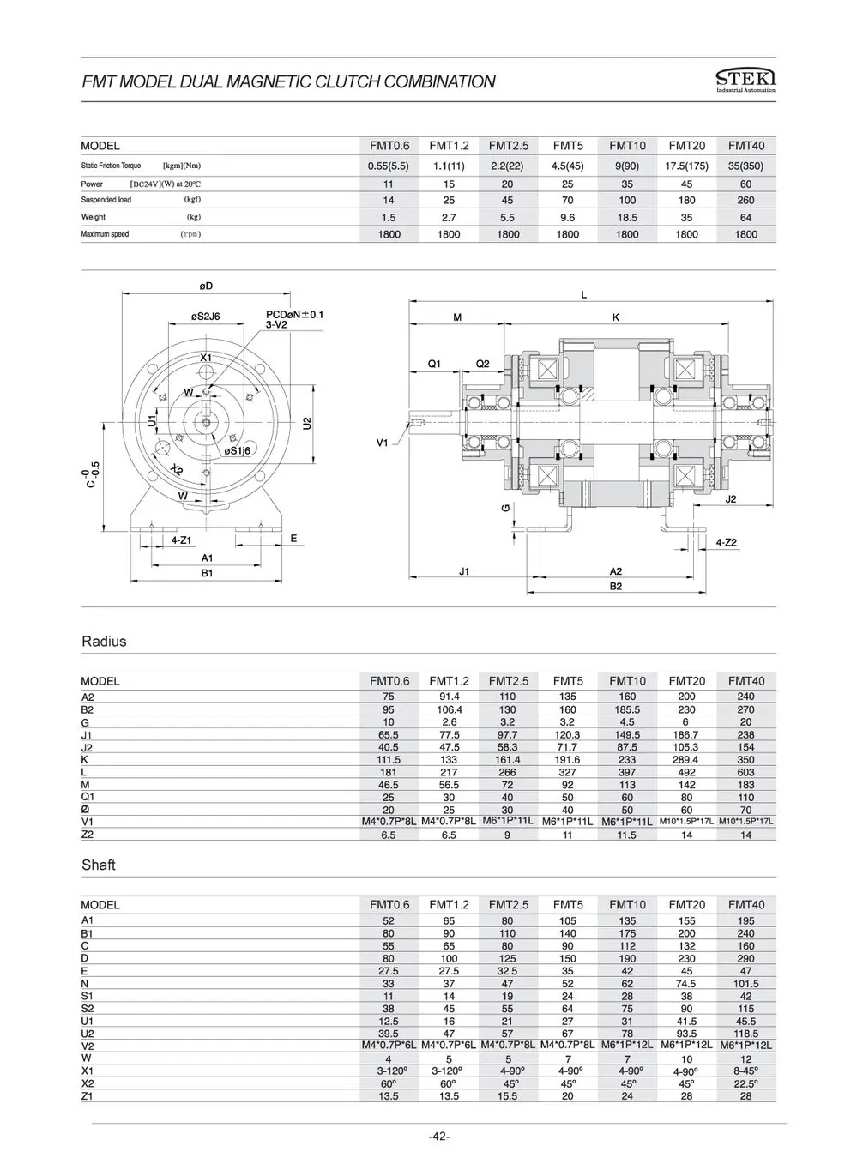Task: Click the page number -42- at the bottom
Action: (438, 1137)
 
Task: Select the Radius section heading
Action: (104, 642)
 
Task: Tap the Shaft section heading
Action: (98, 865)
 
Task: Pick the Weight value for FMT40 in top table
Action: (745, 218)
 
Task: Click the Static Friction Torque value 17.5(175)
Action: (686, 166)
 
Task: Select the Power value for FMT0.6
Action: (389, 184)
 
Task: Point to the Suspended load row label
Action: (106, 201)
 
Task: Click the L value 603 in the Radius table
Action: (745, 772)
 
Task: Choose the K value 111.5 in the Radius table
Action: (389, 760)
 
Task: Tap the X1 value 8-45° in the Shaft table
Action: (745, 1071)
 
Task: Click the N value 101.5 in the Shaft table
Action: (745, 984)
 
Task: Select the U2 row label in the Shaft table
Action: (87, 1034)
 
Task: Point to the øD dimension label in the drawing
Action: (206, 285)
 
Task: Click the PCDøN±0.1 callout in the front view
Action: (294, 315)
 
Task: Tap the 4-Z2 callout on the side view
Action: (727, 542)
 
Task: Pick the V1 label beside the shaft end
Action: (383, 443)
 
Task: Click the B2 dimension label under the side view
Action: (615, 586)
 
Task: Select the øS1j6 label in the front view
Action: (237, 450)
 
